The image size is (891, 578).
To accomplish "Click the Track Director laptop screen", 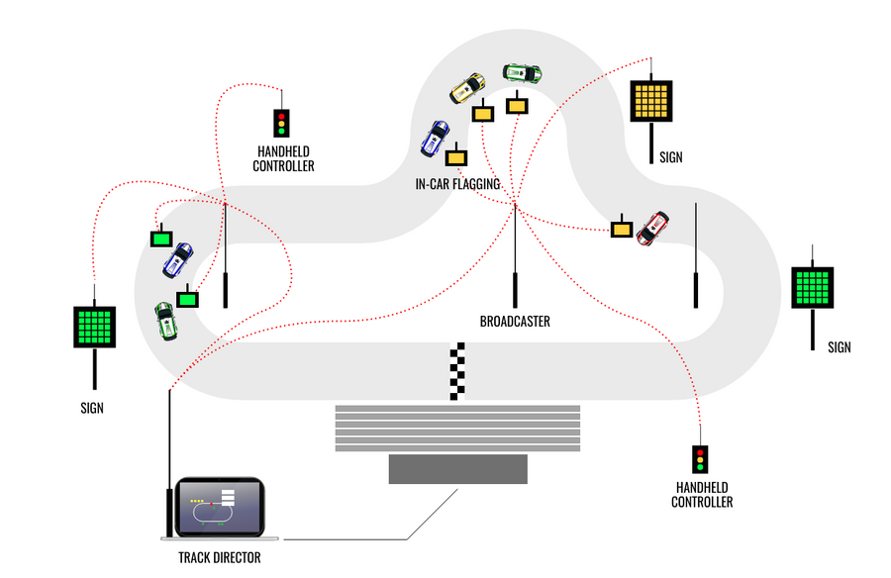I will (218, 507).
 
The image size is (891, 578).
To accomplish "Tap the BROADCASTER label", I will (515, 322).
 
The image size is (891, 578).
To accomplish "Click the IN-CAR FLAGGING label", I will (457, 184).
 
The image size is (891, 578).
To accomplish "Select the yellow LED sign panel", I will (651, 99).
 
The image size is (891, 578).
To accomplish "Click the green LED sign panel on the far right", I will (814, 288).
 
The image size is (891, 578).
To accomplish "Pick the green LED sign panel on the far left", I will (95, 326).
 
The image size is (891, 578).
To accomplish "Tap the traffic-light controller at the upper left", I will (282, 123).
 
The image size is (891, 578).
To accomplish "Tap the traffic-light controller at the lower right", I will (701, 459).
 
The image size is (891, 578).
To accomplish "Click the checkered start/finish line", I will (457, 371).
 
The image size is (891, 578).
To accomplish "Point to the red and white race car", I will (653, 227).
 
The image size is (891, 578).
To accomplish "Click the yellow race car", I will (467, 88).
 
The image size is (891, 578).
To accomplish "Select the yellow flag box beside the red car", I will (621, 229).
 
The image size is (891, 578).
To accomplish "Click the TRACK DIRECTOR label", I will (213, 558).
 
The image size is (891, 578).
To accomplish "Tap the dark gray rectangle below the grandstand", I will (457, 469).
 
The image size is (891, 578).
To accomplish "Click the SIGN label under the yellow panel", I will (670, 157).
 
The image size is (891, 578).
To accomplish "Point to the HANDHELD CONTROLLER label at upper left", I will (284, 159).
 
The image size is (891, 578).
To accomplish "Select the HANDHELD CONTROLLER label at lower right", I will (703, 495).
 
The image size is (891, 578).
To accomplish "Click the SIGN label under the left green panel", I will (91, 408).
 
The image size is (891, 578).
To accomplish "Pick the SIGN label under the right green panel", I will (839, 347).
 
